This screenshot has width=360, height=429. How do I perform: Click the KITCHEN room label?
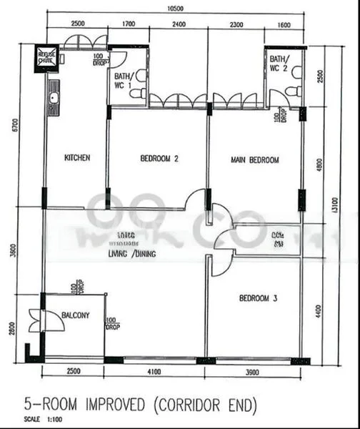77,158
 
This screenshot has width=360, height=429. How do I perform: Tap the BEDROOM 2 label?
159,159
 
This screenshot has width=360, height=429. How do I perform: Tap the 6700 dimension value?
7,127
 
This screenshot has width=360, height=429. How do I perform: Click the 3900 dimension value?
255,373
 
